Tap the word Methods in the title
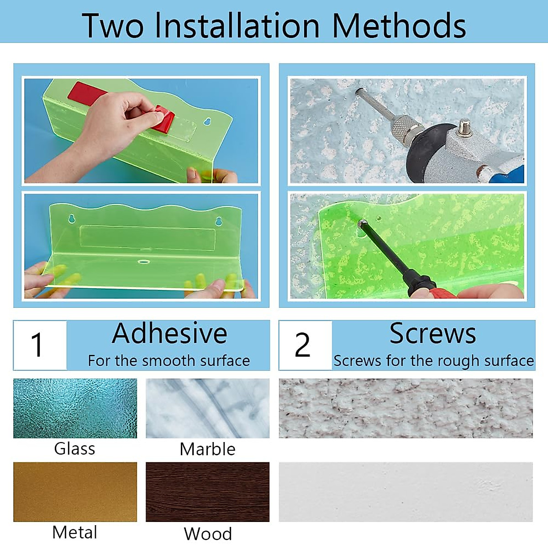399,26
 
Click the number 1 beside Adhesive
37,345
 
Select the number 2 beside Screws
302,345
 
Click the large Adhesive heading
170,333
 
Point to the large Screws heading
432,333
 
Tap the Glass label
74,449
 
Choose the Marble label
208,449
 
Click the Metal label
75,532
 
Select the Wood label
208,533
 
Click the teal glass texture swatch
75,408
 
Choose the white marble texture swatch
208,408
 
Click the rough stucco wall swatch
406,408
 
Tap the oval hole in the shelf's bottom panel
143,261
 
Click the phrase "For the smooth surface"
169,361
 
